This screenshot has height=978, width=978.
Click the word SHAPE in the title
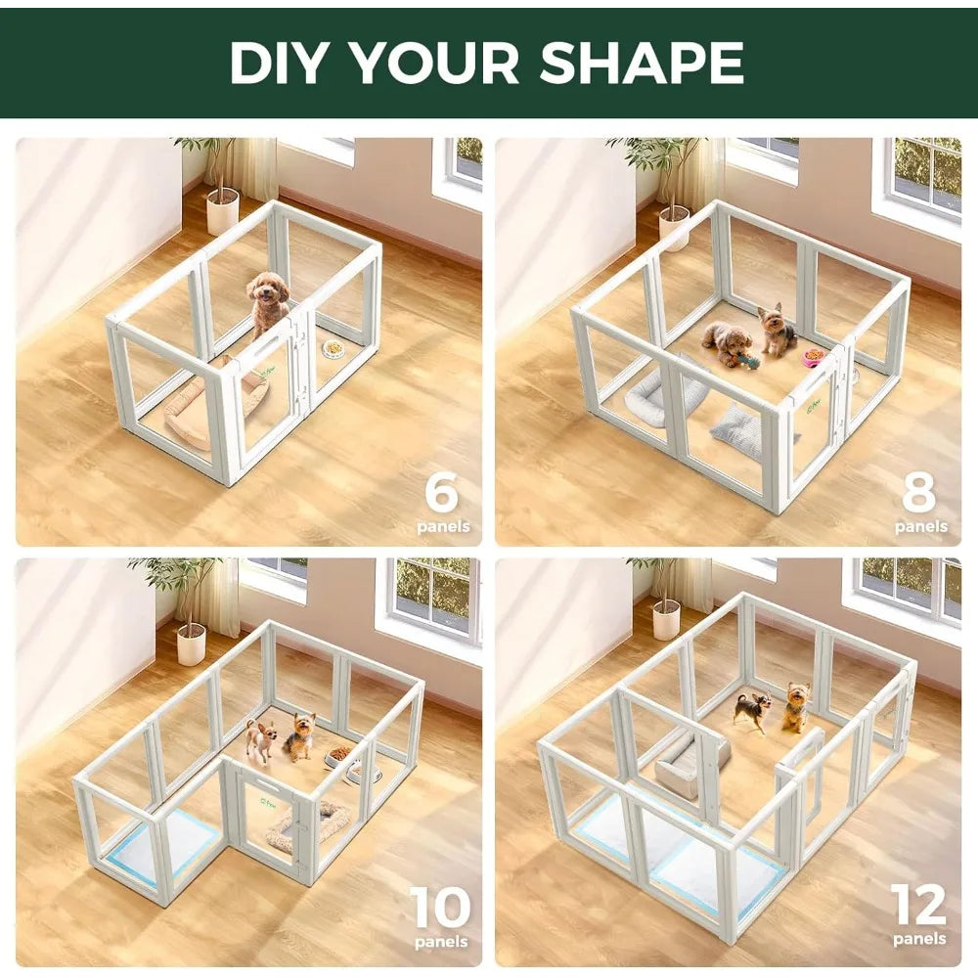pos(641,63)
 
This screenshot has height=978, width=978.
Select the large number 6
pos(441,493)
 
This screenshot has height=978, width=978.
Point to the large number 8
pos(918,493)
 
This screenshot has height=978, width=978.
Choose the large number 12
pos(918,906)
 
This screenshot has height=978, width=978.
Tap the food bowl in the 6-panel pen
pos(334,348)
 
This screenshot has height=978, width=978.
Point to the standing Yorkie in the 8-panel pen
pos(778,331)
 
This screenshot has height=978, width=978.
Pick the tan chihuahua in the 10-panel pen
pos(261,739)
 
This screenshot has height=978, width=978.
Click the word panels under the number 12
pos(919,939)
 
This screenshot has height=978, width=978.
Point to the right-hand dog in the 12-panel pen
pos(796,707)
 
